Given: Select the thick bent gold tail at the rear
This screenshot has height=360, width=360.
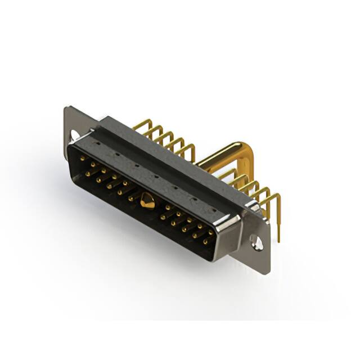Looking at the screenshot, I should (225, 155).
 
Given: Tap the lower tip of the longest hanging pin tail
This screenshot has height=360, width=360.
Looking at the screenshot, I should (278, 240).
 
